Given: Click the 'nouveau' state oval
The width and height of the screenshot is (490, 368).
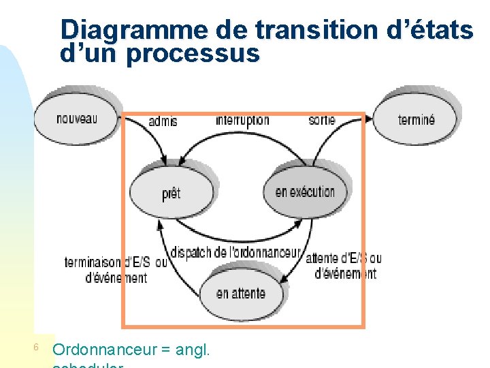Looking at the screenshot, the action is [x=76, y=118].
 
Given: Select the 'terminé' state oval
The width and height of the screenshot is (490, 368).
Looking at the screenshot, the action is [x=416, y=119].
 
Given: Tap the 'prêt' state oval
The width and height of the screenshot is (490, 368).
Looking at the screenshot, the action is [x=171, y=194].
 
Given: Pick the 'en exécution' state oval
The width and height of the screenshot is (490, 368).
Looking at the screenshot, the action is [x=305, y=191].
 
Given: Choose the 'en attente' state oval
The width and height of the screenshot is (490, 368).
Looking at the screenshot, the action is [x=240, y=294].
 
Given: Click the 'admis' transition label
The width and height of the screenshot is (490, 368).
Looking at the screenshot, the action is [x=163, y=121].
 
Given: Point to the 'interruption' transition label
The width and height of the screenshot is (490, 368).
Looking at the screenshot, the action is [x=242, y=121].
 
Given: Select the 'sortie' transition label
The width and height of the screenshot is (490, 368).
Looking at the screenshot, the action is [x=322, y=120].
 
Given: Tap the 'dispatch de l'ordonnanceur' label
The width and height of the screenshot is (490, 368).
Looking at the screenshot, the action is [x=235, y=252].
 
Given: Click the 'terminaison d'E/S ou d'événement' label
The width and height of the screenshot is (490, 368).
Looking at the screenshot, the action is [x=116, y=270].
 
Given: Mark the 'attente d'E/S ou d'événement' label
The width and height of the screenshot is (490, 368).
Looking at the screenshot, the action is [x=344, y=266].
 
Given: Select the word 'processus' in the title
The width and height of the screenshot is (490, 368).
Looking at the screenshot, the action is [x=193, y=53].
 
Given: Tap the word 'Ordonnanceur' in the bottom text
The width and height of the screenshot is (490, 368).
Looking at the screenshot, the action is [x=104, y=350].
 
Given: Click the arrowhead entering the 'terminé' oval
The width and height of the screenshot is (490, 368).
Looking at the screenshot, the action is [x=369, y=119].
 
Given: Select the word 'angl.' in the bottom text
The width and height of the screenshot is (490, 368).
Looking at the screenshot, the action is [x=193, y=350].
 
